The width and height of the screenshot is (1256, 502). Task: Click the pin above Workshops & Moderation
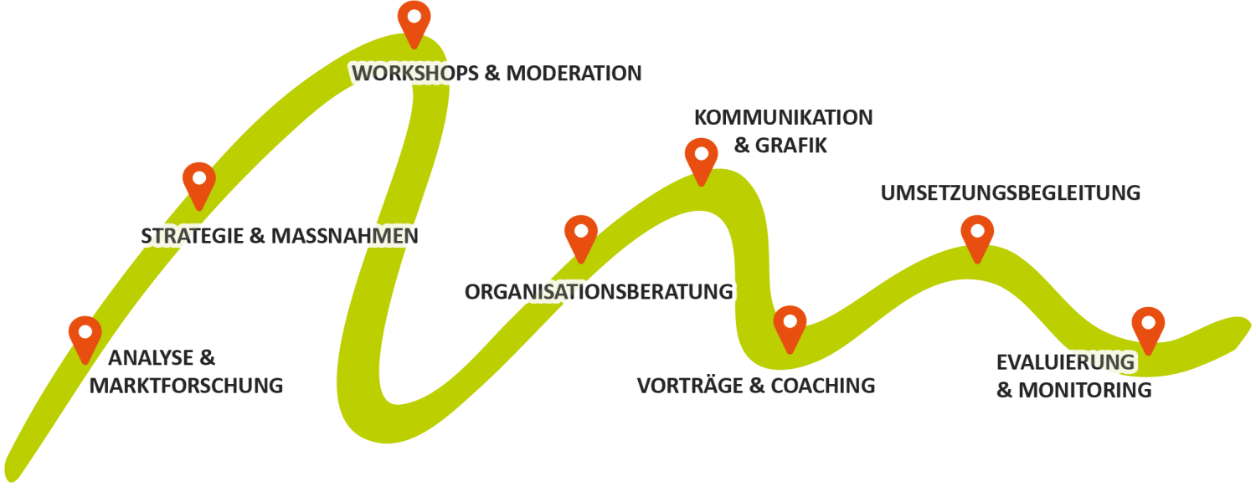click(x=414, y=20)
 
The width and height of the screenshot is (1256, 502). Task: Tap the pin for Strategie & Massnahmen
click(x=199, y=181)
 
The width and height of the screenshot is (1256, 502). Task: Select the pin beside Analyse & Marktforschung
click(x=85, y=335)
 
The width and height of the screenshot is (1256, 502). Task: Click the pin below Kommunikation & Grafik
click(x=701, y=157)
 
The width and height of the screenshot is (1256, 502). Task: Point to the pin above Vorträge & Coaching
click(x=790, y=325)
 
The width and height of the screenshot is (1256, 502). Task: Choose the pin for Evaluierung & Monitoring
click(x=1147, y=326)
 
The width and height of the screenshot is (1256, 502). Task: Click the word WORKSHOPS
click(x=414, y=74)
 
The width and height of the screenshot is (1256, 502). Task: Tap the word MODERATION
click(x=574, y=74)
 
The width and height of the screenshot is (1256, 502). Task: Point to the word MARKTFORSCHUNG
click(x=187, y=386)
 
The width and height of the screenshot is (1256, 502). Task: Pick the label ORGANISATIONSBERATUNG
click(x=599, y=292)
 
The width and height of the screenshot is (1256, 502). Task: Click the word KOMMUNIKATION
click(x=783, y=118)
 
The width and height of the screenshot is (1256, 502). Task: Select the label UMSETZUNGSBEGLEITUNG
click(x=1010, y=193)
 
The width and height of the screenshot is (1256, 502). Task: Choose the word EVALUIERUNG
click(x=1064, y=363)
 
